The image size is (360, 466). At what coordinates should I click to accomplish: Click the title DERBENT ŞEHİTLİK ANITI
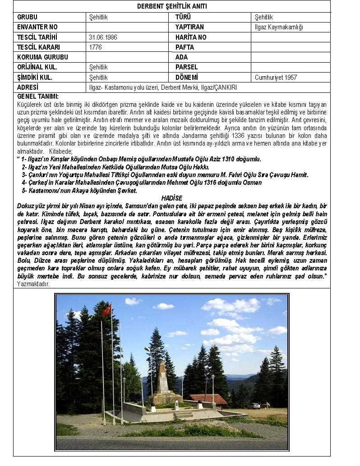(171, 6)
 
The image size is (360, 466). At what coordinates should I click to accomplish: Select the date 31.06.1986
(103, 37)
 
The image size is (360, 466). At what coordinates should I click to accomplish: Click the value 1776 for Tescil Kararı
(96, 47)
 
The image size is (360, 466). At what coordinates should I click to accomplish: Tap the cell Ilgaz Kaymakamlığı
(279, 27)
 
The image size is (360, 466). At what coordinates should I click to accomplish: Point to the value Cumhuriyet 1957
(276, 78)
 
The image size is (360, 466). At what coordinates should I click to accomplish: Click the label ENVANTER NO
(37, 27)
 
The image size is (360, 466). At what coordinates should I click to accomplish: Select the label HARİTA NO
(191, 37)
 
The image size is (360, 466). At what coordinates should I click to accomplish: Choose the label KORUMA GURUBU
(42, 57)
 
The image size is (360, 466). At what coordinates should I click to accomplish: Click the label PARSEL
(186, 67)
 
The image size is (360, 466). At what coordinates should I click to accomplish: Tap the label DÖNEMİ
(186, 78)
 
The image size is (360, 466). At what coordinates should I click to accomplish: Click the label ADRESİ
(28, 87)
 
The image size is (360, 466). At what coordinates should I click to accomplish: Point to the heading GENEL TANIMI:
(38, 96)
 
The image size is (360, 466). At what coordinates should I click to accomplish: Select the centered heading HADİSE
(171, 198)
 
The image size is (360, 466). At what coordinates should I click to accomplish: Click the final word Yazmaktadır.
(33, 284)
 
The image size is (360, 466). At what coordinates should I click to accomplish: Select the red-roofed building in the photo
(208, 398)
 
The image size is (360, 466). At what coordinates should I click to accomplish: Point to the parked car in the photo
(255, 406)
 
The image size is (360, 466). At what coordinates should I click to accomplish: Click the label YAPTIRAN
(189, 27)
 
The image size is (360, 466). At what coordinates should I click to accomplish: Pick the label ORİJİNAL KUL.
(37, 67)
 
